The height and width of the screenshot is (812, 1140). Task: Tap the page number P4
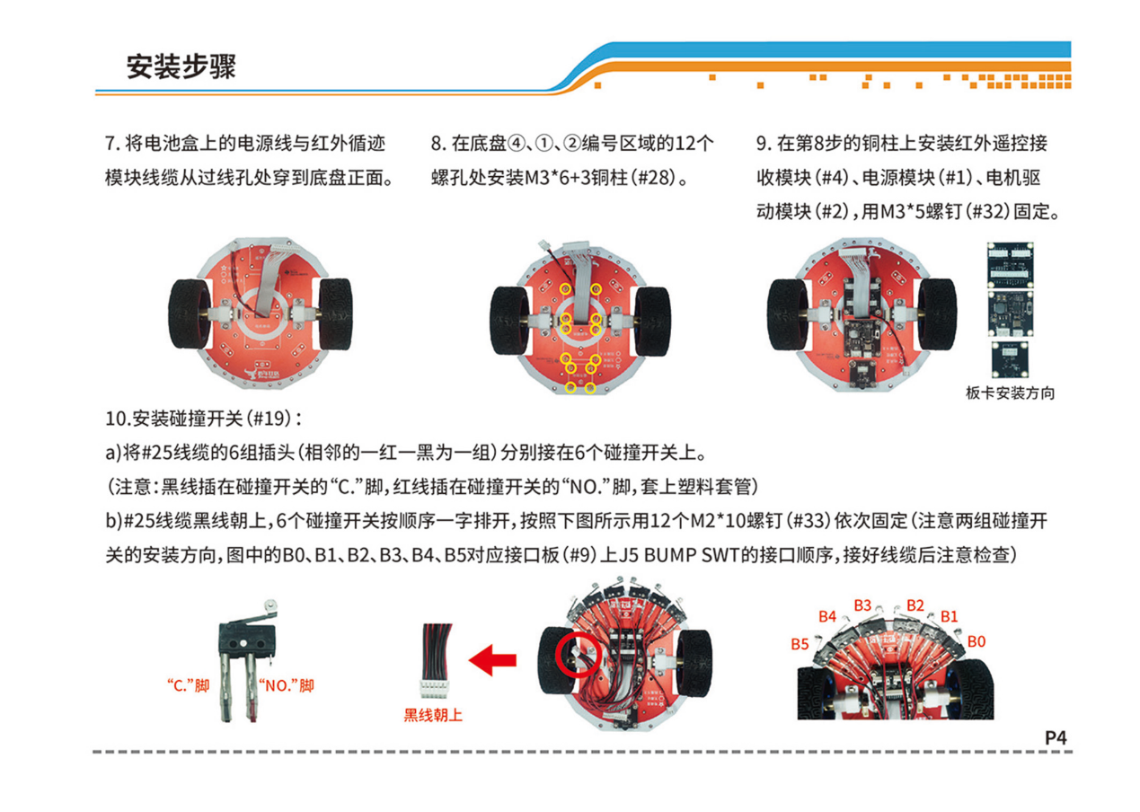[1055, 737]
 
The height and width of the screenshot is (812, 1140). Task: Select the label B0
[977, 641]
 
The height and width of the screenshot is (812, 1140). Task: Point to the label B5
[800, 643]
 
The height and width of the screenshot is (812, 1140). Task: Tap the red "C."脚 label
[188, 685]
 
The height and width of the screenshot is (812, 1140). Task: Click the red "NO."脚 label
[286, 685]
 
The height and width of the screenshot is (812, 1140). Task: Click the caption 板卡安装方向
[1010, 393]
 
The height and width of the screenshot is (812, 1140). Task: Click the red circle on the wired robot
[577, 657]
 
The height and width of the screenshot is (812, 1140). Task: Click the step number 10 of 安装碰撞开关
[116, 419]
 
